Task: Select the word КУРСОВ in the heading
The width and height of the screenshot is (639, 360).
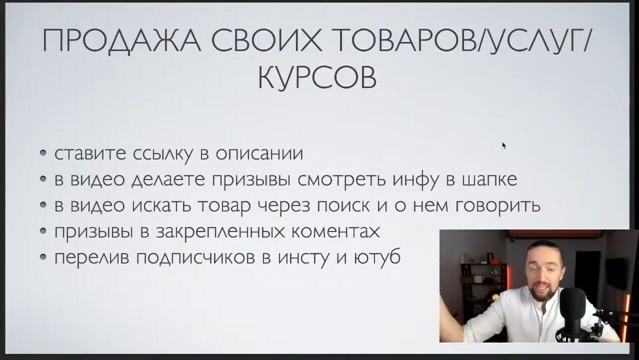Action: click(317, 78)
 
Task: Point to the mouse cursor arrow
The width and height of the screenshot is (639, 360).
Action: click(504, 145)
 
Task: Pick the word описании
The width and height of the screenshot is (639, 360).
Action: click(259, 153)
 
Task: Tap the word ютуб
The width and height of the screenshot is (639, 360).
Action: click(377, 256)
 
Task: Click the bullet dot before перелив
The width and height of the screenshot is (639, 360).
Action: click(43, 257)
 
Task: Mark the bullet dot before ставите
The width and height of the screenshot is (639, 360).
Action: click(43, 153)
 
